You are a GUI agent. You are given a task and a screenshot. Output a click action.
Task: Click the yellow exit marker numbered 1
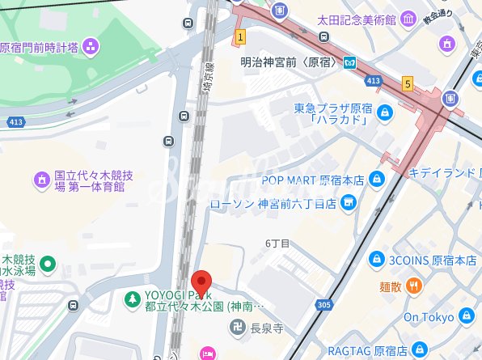coord(240,37)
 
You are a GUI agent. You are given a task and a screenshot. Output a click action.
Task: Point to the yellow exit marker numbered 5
coord(408,83)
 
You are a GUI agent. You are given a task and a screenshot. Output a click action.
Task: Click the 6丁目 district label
coord(277,243)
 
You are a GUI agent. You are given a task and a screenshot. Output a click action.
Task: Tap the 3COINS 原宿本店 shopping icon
coord(376,260)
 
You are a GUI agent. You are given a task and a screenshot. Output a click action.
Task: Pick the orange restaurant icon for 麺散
coord(413,286)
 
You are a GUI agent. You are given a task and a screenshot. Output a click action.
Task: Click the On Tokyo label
coord(429,317)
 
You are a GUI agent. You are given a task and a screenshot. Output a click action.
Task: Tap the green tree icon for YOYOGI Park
coord(131,300)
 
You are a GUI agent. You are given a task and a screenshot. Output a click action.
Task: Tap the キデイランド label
coord(444,172)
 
